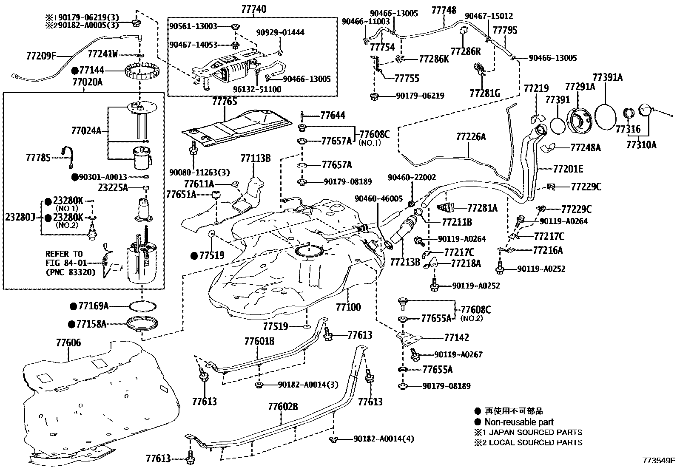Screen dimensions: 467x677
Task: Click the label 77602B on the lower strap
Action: click(283, 407)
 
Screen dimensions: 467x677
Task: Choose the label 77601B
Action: click(259, 341)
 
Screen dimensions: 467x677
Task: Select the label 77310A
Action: click(641, 145)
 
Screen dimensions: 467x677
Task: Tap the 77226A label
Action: click(471, 137)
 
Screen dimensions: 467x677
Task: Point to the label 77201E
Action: click(568, 169)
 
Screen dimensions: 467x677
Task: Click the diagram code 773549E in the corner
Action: click(659, 460)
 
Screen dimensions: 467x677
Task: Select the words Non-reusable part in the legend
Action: click(519, 422)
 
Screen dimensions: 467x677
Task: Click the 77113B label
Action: click(256, 158)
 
